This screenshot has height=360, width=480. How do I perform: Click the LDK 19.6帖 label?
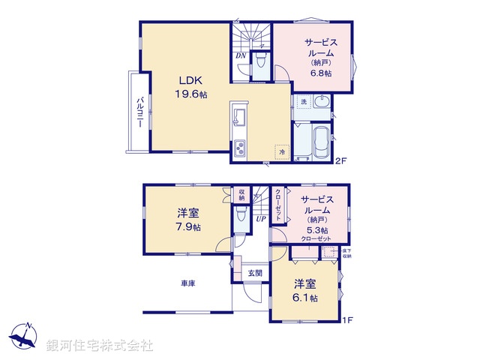tap(192, 87)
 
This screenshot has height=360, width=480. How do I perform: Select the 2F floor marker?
tap(342, 160)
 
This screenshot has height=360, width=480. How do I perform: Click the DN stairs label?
tap(241, 55)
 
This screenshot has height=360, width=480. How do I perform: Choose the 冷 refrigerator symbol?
tap(282, 151)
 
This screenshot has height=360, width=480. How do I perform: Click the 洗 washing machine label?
tap(304, 101)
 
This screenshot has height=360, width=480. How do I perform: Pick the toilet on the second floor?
tap(260, 62)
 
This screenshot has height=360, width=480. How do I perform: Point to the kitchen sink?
tap(241, 118)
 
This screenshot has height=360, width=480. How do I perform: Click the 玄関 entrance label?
tap(256, 274)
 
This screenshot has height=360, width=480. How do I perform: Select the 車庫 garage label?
tap(187, 283)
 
